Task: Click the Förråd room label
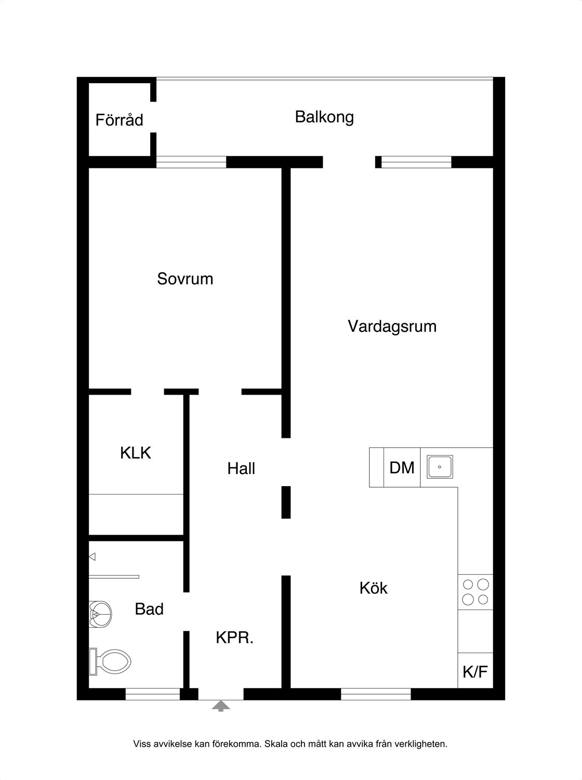120,120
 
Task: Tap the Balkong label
324,118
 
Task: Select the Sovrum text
185,279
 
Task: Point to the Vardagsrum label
392,327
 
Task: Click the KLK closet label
136,453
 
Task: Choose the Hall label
241,469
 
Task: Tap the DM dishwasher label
402,467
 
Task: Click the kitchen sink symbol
440,466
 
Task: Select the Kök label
373,588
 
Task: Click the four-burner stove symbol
475,592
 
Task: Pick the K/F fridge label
475,672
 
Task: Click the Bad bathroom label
149,609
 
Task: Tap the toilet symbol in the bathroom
110,661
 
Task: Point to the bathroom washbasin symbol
100,615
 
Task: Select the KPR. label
235,638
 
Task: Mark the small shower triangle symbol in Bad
92,556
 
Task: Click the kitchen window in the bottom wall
376,694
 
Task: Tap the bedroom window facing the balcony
191,162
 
